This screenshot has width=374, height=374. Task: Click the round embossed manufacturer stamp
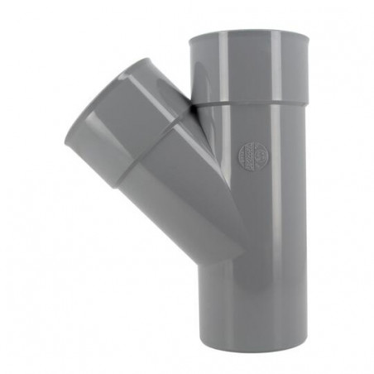coord(252,155)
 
